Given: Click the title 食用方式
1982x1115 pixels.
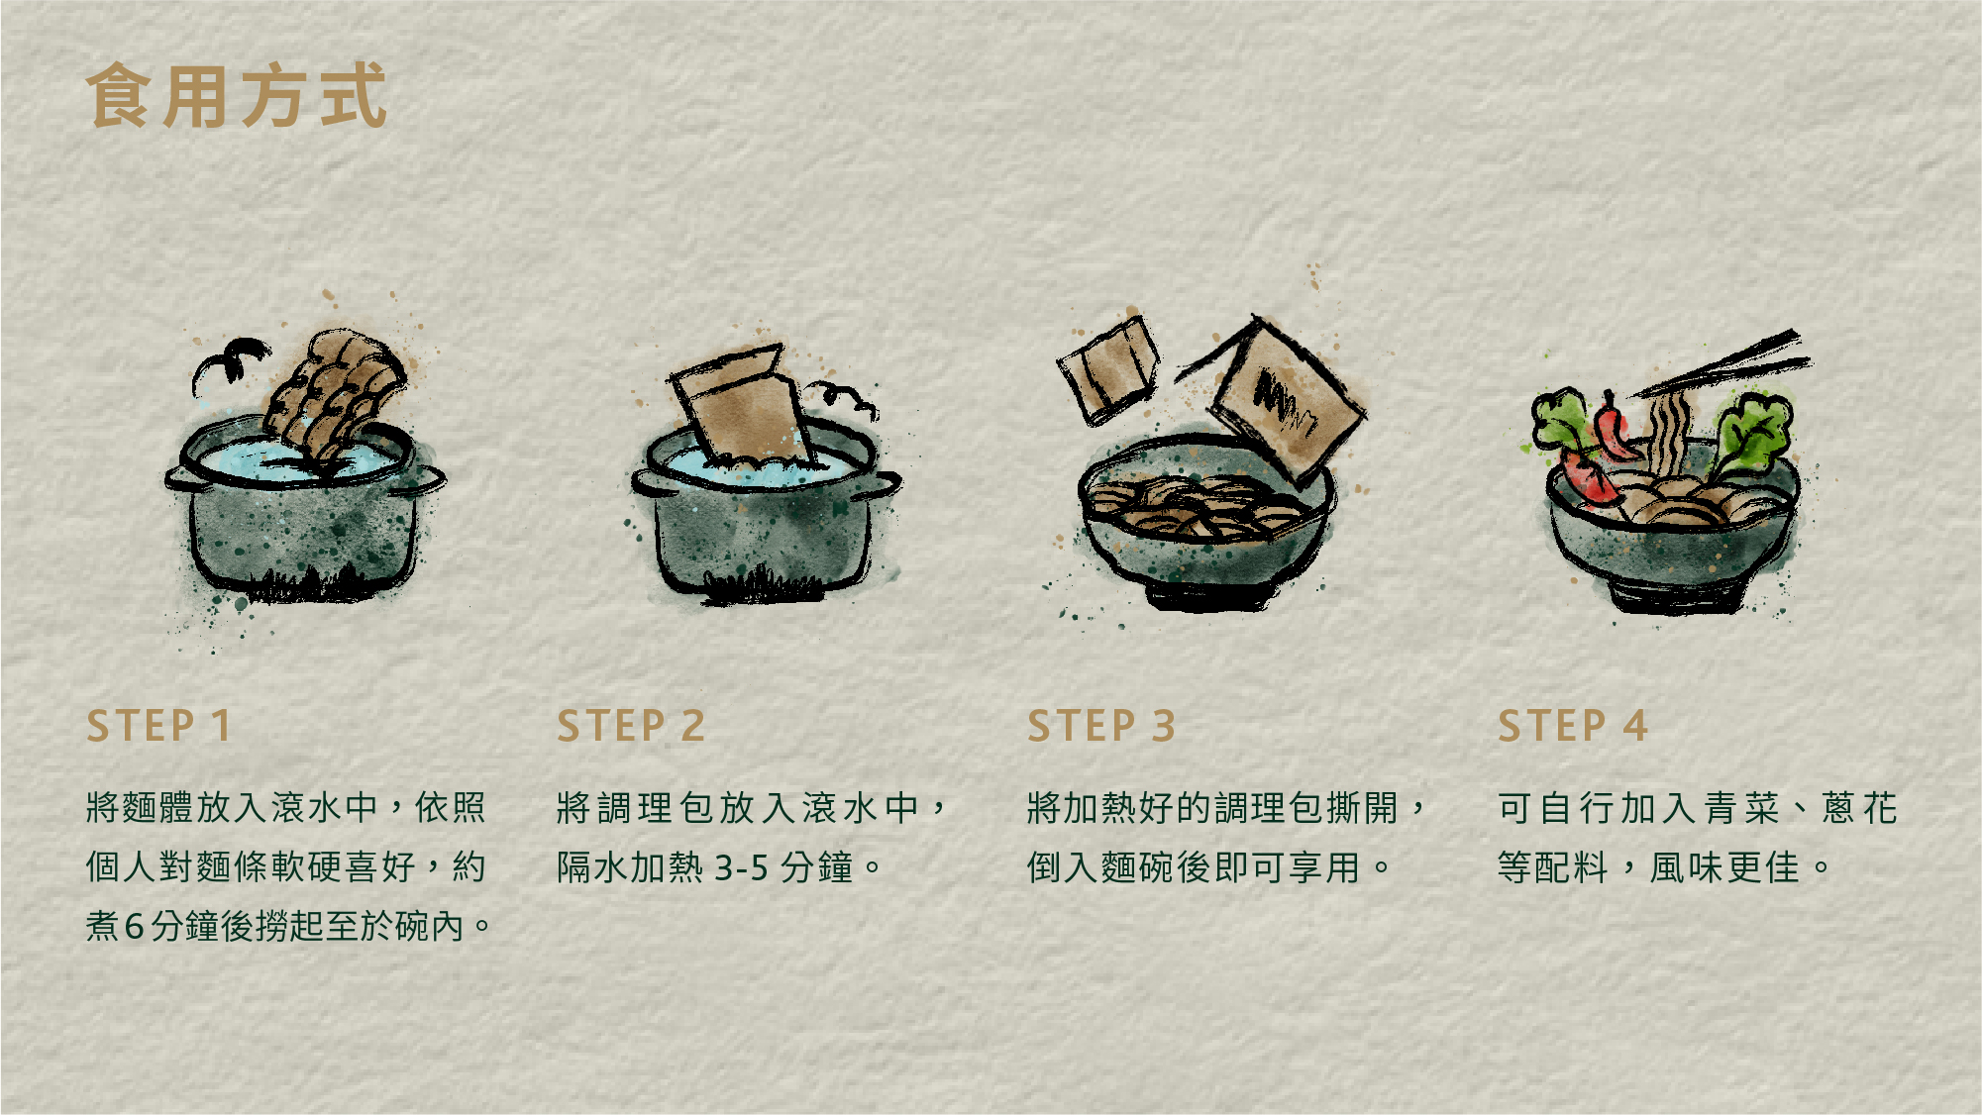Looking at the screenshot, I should tap(236, 96).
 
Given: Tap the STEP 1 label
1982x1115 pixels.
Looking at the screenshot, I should tap(158, 726).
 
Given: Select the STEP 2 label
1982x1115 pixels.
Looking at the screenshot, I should tap(630, 726).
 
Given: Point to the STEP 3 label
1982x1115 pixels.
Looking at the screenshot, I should tap(1100, 726).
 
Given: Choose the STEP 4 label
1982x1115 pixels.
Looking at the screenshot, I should tap(1572, 726).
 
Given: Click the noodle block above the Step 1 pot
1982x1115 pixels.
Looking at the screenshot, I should tap(337, 391).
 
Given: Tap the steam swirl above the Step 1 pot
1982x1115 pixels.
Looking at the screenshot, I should tap(231, 358).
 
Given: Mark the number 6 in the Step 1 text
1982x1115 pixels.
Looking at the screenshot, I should tap(135, 927).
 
